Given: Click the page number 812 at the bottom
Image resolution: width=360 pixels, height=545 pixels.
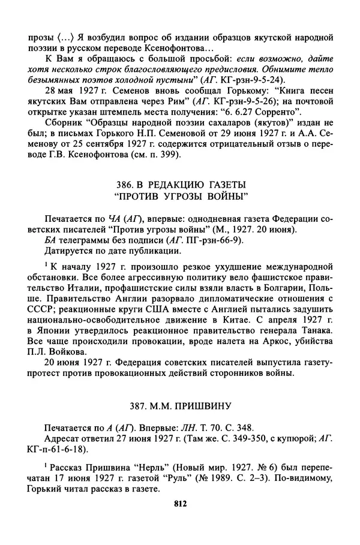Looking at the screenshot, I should [179, 504].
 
